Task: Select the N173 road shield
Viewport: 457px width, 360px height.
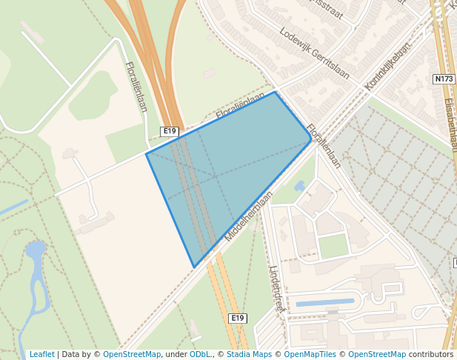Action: click(444, 79)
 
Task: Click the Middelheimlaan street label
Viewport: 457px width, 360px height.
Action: click(250, 216)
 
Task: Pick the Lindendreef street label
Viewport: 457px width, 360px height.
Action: click(277, 289)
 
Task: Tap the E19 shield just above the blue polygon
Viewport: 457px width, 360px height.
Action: click(170, 131)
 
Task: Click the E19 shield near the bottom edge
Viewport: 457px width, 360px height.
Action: click(237, 318)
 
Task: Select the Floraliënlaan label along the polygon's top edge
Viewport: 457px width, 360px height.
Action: click(241, 107)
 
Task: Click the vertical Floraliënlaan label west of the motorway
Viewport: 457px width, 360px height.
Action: click(137, 87)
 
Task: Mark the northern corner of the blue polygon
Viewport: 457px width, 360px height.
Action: click(276, 92)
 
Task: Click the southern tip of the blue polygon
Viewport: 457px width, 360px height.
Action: click(194, 267)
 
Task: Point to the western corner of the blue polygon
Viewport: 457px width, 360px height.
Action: click(147, 153)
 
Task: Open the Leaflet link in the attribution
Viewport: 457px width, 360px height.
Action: click(41, 354)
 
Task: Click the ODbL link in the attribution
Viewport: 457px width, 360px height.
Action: click(200, 354)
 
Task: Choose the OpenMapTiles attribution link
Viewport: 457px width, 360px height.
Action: click(307, 354)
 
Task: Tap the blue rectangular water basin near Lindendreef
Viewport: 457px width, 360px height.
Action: click(324, 303)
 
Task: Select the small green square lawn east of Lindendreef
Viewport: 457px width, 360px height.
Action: click(333, 245)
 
